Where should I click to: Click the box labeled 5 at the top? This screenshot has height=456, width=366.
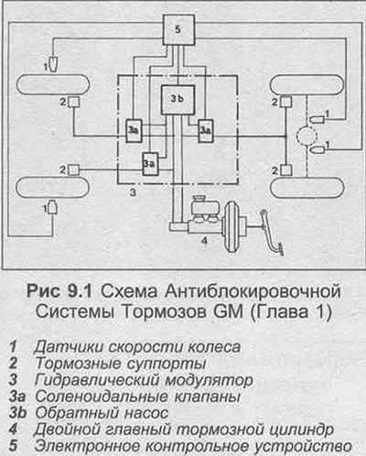click(x=178, y=29)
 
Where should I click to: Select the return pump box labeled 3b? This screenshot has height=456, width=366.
click(x=178, y=100)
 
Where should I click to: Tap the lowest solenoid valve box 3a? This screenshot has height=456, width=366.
click(x=151, y=164)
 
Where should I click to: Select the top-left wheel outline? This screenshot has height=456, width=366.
click(x=52, y=84)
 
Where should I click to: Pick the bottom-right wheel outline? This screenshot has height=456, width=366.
click(x=307, y=188)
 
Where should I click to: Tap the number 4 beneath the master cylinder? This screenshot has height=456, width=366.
click(x=204, y=241)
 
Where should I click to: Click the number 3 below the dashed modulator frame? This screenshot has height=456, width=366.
click(x=133, y=192)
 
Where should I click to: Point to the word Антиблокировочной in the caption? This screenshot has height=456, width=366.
click(x=253, y=291)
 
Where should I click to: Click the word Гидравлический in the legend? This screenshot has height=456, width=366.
click(x=98, y=380)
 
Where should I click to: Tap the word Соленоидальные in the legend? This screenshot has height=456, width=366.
click(x=102, y=396)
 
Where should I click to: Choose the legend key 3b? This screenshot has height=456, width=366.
click(x=17, y=413)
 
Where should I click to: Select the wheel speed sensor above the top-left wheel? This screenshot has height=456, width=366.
click(x=54, y=63)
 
